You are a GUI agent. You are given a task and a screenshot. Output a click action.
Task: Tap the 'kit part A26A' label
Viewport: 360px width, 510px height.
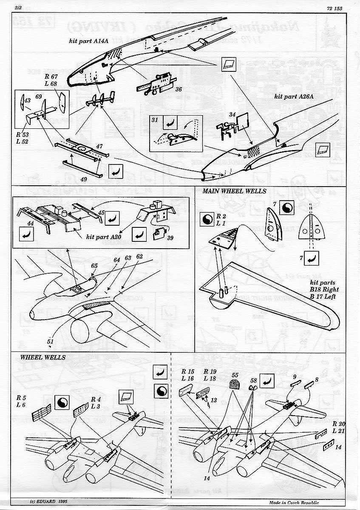pyautogui.click(x=293, y=97)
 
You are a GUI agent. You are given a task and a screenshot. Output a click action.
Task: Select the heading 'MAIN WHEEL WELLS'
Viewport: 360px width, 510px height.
pyautogui.click(x=234, y=191)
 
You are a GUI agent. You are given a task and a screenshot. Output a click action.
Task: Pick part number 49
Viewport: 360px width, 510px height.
pyautogui.click(x=84, y=179)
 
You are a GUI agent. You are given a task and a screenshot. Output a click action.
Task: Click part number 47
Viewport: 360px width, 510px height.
pyautogui.click(x=99, y=146)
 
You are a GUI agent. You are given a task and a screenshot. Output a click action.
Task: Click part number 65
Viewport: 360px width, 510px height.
pyautogui.click(x=94, y=266)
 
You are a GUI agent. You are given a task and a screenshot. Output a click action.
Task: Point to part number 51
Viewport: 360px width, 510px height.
pyautogui.click(x=51, y=341)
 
